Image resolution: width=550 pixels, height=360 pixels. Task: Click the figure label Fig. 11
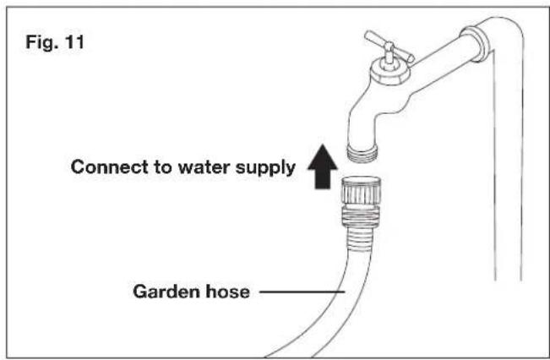click(x=55, y=42)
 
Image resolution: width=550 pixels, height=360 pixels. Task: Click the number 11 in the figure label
click(x=74, y=41)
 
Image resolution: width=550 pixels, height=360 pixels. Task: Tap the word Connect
click(x=110, y=166)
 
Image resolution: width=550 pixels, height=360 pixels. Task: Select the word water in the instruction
click(x=204, y=167)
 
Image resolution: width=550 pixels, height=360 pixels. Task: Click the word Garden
click(x=166, y=292)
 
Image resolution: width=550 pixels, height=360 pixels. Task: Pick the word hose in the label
click(x=227, y=292)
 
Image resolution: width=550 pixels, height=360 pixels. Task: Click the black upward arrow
click(x=323, y=166)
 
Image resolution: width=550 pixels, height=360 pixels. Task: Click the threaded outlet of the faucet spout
click(x=362, y=153)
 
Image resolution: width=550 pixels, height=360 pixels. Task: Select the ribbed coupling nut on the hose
click(x=361, y=191)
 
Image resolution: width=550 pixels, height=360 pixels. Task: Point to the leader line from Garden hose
click(x=302, y=292)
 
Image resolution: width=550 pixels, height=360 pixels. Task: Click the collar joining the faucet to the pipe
click(x=475, y=43)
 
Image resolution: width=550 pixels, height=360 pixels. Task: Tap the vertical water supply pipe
click(x=509, y=165)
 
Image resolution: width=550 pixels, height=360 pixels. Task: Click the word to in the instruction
click(x=163, y=167)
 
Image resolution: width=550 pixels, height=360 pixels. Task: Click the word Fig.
click(x=41, y=42)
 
